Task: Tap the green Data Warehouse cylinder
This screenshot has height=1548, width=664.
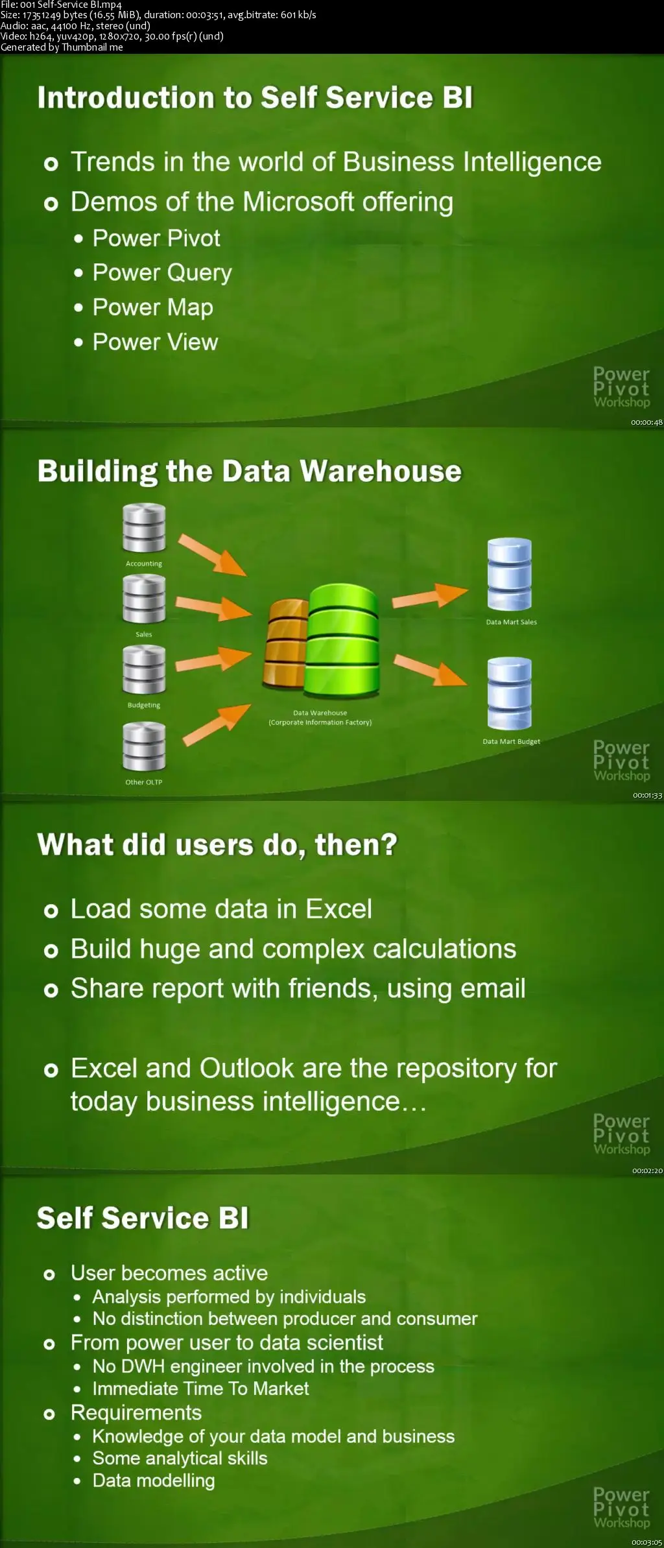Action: tap(343, 639)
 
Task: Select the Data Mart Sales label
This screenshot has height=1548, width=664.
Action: tap(512, 622)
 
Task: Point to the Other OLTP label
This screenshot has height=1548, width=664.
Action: tap(144, 782)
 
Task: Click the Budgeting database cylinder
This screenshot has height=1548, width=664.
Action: tap(144, 670)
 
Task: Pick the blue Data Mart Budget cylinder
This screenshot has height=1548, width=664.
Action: tap(510, 693)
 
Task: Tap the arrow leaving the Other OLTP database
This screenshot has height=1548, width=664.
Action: tap(217, 724)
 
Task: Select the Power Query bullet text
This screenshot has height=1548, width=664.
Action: tap(162, 273)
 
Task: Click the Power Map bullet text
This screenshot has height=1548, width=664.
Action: tap(153, 307)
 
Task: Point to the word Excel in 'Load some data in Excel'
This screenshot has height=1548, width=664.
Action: tap(339, 909)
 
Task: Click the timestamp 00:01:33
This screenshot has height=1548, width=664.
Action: tap(647, 795)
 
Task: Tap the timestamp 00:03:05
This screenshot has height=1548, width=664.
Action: tap(647, 1542)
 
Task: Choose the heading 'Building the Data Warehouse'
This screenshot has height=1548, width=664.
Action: tap(250, 471)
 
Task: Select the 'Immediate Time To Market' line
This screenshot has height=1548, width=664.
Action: tap(201, 1388)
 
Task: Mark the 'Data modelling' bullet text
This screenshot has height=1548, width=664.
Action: tap(154, 1481)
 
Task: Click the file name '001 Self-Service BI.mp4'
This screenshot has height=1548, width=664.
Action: tap(71, 5)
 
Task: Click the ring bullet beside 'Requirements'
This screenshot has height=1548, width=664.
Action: tap(49, 1414)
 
